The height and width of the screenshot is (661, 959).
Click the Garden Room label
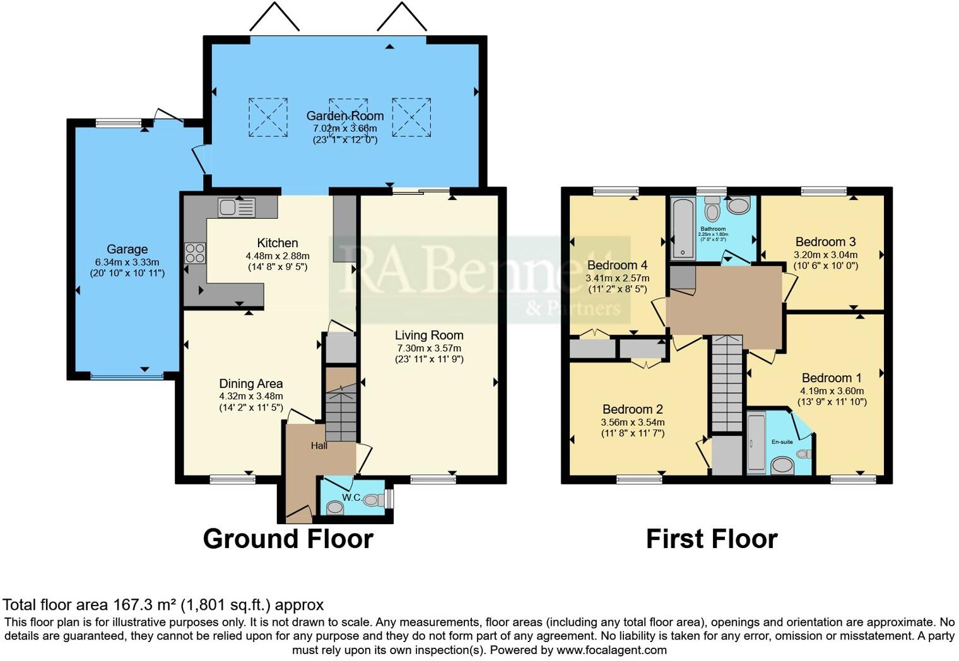pos(345,116)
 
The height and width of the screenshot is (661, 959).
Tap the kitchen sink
pos(236,207)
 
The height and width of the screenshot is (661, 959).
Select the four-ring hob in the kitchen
pos(195,253)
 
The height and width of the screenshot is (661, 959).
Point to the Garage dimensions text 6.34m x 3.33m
pos(127,262)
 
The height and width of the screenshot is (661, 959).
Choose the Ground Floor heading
pos(288,539)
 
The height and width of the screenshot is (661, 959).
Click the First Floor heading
pos(712,539)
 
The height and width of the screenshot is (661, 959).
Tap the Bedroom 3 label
pos(825,242)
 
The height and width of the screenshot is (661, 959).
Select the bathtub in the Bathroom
pos(683,228)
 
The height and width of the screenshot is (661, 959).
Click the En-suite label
pos(782,442)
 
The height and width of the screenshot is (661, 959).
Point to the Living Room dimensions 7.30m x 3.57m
pos(429,348)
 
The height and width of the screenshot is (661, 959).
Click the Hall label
pos(319,446)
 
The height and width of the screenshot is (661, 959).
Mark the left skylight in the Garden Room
pos(268,117)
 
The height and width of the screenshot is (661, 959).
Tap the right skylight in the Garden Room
pos(411,117)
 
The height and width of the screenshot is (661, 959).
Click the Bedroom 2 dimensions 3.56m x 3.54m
pos(633,423)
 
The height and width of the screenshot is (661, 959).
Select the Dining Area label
pos(250,383)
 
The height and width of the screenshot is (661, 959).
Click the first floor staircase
pos(726,385)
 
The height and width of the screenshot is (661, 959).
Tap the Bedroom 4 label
pos(617,266)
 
